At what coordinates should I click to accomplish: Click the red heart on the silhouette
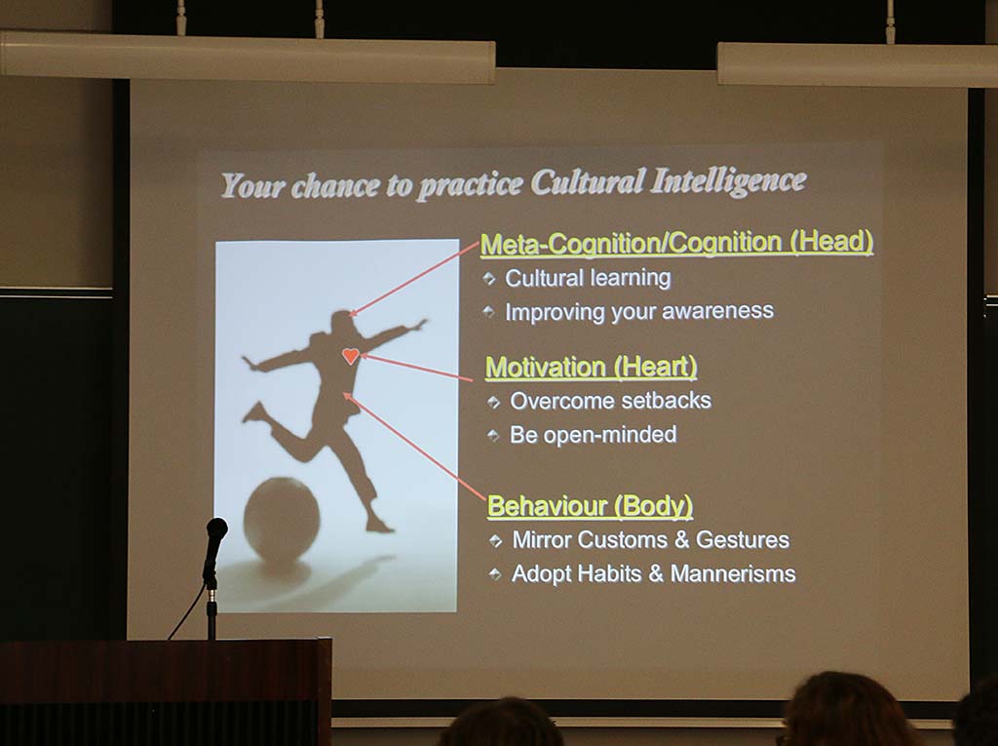tap(351, 356)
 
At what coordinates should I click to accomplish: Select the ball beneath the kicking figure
tap(282, 519)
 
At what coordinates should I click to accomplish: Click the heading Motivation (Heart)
tap(592, 368)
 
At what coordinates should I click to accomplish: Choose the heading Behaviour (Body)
tap(590, 506)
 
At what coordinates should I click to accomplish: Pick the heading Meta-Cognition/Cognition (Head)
tap(676, 243)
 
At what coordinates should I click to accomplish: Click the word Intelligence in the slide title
tap(728, 181)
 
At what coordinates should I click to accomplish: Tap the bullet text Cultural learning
tap(588, 278)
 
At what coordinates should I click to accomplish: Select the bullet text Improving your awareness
tap(639, 311)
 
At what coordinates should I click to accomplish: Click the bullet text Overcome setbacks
tap(610, 401)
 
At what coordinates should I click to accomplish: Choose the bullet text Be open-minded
tap(594, 435)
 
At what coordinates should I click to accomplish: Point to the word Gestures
tap(742, 539)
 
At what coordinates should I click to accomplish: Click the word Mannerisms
tap(733, 573)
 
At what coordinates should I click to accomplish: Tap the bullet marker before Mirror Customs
tap(495, 541)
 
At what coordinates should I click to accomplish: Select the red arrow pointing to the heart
tap(417, 368)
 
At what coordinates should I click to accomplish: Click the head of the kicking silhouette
tap(342, 323)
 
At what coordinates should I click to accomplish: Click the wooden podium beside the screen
tap(166, 691)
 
